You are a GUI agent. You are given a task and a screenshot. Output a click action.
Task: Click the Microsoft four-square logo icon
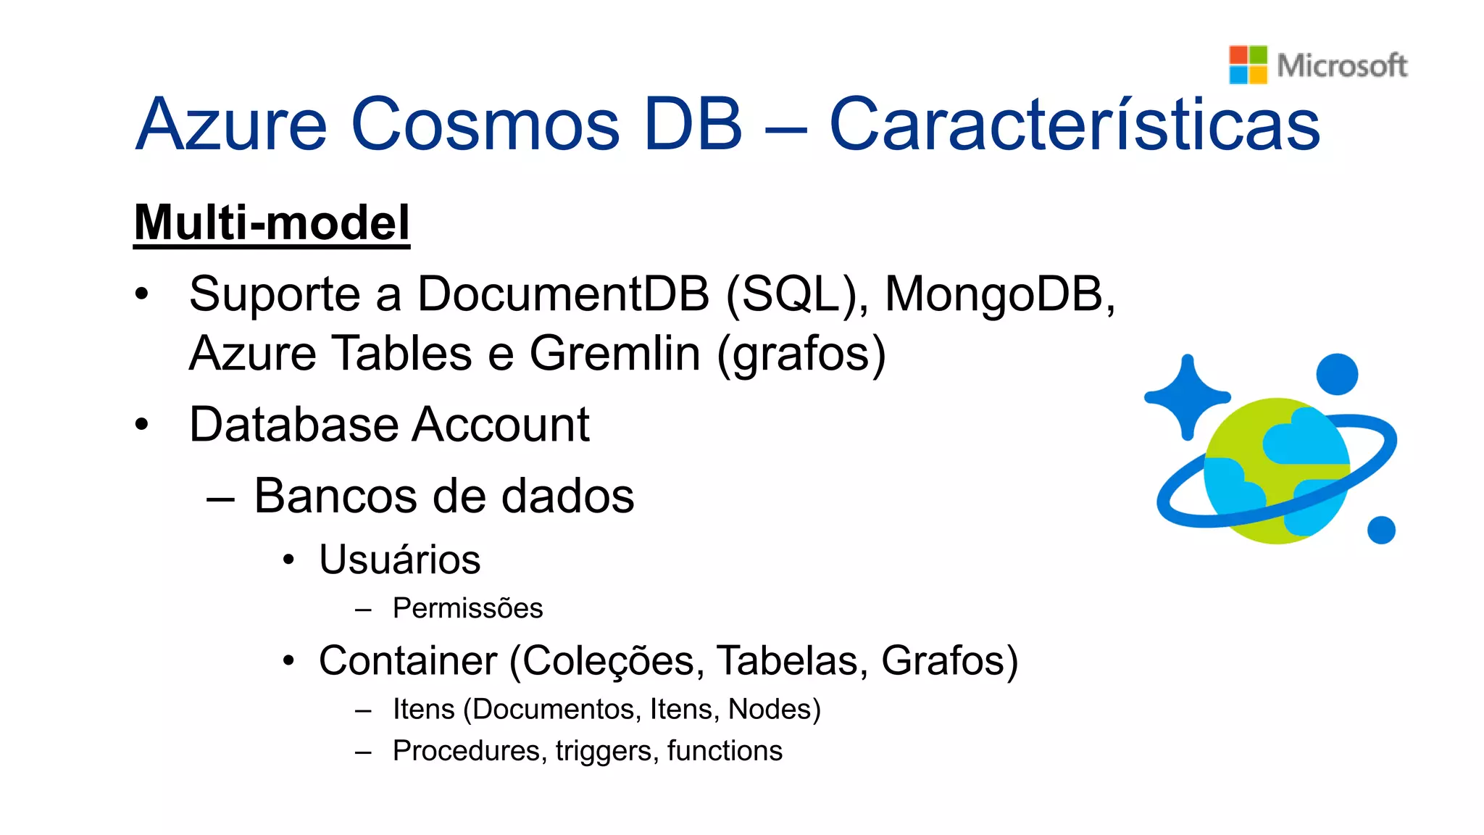(1248, 65)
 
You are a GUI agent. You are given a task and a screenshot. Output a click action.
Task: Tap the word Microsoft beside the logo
(1342, 65)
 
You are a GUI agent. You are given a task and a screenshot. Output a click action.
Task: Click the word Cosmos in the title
(485, 124)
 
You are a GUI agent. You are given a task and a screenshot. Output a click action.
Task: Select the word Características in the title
(1075, 124)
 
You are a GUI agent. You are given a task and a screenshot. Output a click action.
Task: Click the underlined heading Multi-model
(272, 223)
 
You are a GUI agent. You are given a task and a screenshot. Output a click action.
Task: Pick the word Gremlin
(614, 354)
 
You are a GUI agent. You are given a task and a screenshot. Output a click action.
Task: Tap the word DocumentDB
(563, 294)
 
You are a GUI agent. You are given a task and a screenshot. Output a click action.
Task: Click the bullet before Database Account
(141, 424)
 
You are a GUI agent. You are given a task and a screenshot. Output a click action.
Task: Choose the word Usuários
(399, 560)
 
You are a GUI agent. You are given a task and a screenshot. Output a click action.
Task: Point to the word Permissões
(467, 608)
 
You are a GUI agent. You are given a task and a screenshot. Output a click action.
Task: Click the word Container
(407, 661)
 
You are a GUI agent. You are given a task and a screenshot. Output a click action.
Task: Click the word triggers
(604, 751)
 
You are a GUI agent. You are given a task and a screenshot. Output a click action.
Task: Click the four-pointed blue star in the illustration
(1187, 397)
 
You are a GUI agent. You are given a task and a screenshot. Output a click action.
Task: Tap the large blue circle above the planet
(1336, 375)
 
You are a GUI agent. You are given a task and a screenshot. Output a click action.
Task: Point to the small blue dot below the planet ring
(1381, 530)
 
